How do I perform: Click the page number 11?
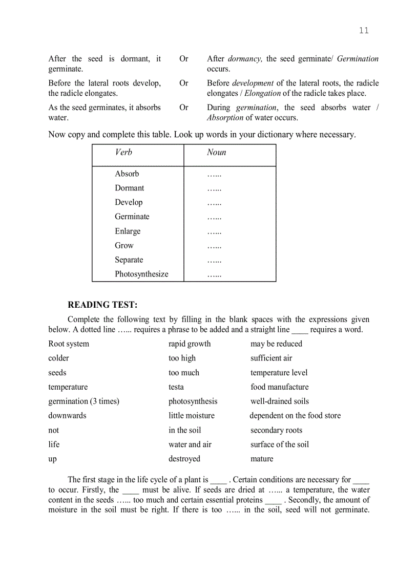[x=363, y=31]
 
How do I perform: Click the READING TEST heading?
[x=102, y=305]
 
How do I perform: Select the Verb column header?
[x=123, y=153]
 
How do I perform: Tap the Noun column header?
[x=216, y=153]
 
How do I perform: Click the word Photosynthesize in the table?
[x=141, y=274]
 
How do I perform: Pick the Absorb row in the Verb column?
[x=127, y=174]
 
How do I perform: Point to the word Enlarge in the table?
[x=128, y=231]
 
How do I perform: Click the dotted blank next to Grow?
[x=214, y=246]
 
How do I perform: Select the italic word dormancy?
[x=245, y=59]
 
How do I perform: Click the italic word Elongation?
[x=262, y=93]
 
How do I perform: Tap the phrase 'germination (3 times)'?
[x=83, y=401]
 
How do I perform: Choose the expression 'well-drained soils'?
[x=280, y=401]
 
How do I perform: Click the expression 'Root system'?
[x=69, y=344]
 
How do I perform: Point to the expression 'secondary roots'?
[x=276, y=430]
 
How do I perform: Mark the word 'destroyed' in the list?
[x=184, y=459]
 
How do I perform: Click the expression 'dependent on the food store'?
[x=295, y=416]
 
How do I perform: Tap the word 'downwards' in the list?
[x=68, y=416]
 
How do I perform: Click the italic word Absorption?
[x=225, y=118]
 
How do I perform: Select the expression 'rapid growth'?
[x=190, y=344]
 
